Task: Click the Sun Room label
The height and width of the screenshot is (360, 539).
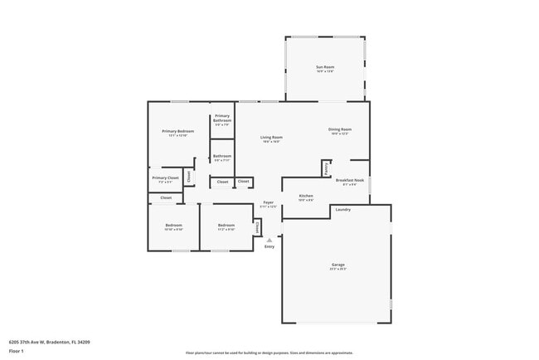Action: tap(325, 67)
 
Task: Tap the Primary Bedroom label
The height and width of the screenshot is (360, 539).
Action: tap(178, 132)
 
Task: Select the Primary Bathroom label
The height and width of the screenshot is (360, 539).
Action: tap(222, 119)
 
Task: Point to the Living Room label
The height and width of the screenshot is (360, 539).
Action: tap(271, 138)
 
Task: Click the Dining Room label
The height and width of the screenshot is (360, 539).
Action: tap(340, 129)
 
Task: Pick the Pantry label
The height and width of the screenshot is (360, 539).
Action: tap(326, 168)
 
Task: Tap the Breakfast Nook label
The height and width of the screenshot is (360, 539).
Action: tap(349, 180)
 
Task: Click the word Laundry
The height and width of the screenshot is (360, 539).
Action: tap(342, 210)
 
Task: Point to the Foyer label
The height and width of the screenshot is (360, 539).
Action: tap(269, 202)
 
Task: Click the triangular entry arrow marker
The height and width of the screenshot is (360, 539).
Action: tap(269, 240)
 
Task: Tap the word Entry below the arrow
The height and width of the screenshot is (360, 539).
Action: tap(269, 247)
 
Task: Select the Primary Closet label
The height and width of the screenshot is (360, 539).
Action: tap(165, 178)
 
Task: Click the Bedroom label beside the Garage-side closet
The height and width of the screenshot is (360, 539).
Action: tap(226, 226)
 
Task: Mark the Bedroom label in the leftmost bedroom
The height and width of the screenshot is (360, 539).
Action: tap(173, 226)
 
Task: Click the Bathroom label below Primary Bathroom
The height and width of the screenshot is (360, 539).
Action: tap(222, 156)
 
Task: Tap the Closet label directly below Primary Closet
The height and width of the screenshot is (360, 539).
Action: tap(166, 197)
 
